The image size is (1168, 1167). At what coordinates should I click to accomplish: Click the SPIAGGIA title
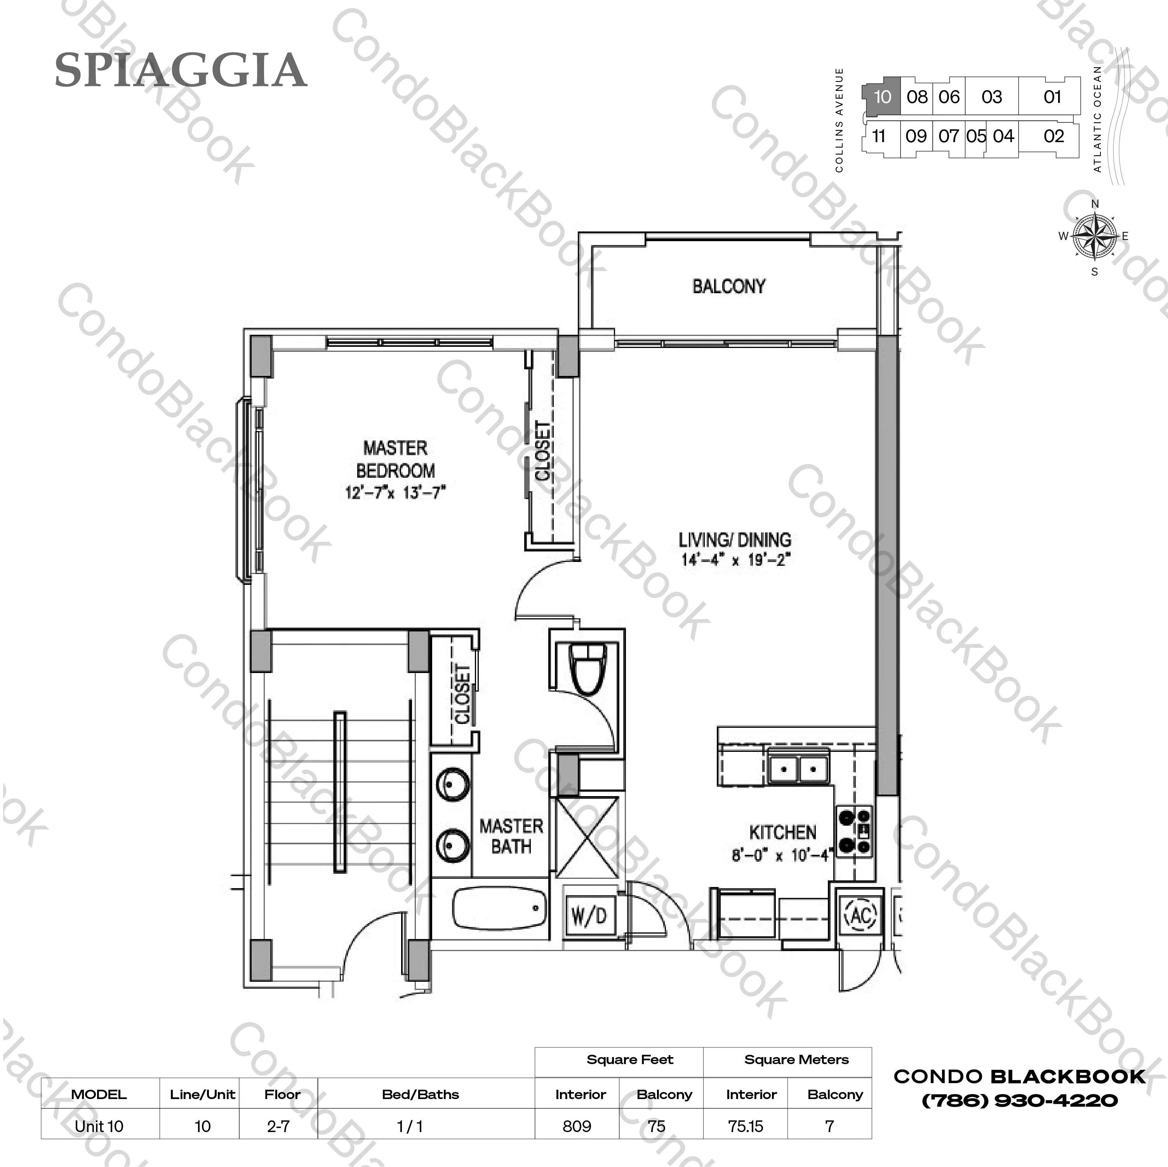coord(181,71)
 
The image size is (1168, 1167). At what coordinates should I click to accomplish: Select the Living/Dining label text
coord(735,539)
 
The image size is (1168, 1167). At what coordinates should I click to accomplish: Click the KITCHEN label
coord(783,833)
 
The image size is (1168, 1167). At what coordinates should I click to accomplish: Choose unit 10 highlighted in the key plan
coord(882,97)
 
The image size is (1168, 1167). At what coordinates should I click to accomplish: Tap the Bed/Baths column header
coord(420,1094)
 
